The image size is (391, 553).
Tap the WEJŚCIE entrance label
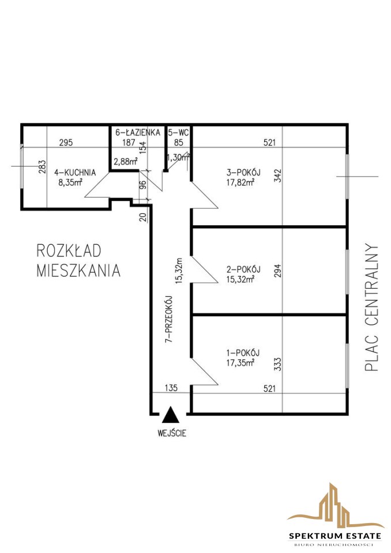point(172,433)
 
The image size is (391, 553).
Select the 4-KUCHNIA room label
point(75,172)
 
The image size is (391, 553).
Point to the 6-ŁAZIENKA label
point(138,132)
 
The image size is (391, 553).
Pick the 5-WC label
point(178,132)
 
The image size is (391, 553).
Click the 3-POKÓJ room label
point(243,172)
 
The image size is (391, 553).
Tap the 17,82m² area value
point(240,183)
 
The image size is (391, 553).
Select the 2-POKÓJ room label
point(243,270)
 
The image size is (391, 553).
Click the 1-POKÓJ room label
point(243,353)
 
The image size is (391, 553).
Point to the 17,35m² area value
point(240,362)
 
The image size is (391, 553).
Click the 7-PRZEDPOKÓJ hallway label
point(169,319)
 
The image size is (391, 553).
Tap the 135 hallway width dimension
point(171,388)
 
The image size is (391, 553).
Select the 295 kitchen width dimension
point(66,142)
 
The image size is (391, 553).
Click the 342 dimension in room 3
point(278,176)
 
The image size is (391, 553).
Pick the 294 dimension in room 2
point(278,271)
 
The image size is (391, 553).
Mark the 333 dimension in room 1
point(278,364)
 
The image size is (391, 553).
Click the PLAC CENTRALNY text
point(371,307)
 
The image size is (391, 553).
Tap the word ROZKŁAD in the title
point(69,251)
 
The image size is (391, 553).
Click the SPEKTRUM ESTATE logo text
point(335,536)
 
